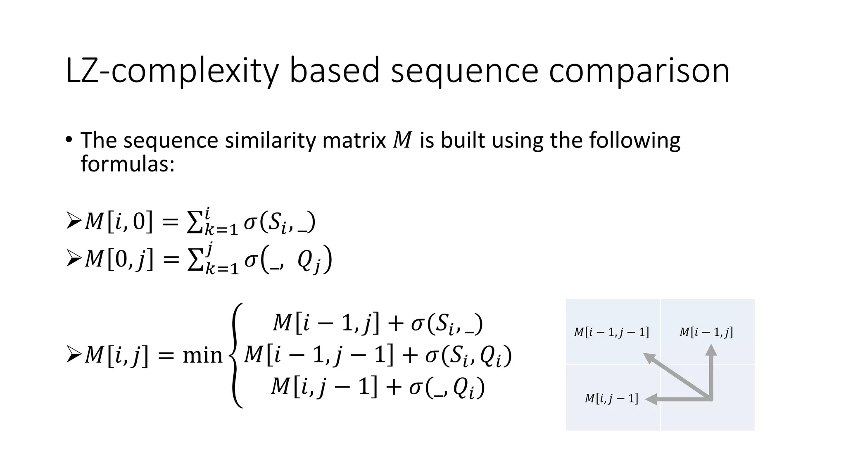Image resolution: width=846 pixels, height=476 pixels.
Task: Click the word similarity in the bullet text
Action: pyautogui.click(x=270, y=140)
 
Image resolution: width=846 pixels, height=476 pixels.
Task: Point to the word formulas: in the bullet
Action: pyautogui.click(x=128, y=164)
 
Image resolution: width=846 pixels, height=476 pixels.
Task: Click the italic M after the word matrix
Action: pyautogui.click(x=402, y=140)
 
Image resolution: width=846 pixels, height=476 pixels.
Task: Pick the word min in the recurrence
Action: pyautogui.click(x=202, y=355)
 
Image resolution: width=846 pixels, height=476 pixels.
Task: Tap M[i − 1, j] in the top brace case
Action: pyautogui.click(x=326, y=323)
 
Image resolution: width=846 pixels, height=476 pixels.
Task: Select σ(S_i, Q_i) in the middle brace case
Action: pyautogui.click(x=468, y=355)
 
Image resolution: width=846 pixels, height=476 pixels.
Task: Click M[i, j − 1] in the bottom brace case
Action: pyautogui.click(x=324, y=388)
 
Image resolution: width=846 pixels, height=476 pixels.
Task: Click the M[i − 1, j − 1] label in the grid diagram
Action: pyautogui.click(x=611, y=332)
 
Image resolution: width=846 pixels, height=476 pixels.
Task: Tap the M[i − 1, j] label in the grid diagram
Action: pyautogui.click(x=706, y=332)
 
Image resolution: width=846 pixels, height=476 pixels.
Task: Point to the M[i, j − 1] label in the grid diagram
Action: pyautogui.click(x=611, y=399)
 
